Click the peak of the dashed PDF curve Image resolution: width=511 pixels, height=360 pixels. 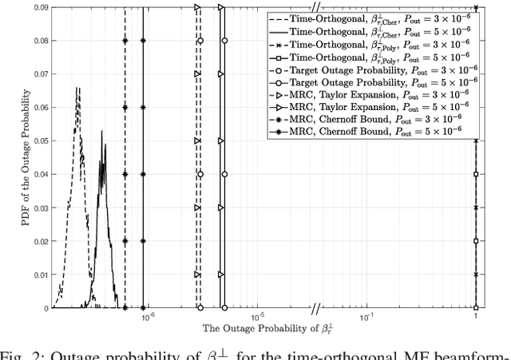[x=77, y=88]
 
